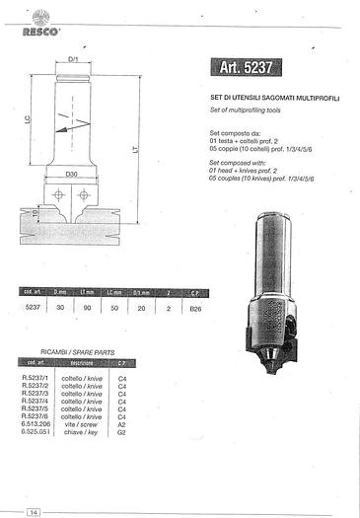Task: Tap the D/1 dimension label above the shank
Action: pyautogui.click(x=75, y=58)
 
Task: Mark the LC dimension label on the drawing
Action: pyautogui.click(x=28, y=121)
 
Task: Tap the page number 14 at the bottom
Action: pyautogui.click(x=34, y=510)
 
